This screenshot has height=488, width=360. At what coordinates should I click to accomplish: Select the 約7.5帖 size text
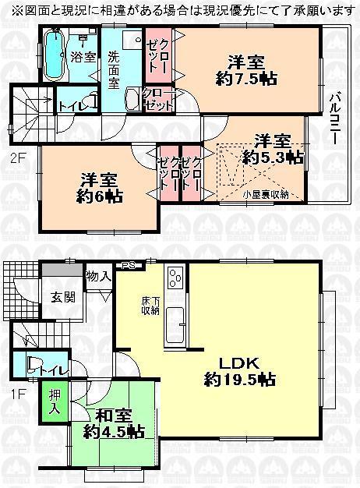click(x=248, y=78)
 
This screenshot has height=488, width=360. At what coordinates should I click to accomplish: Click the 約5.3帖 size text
click(x=272, y=157)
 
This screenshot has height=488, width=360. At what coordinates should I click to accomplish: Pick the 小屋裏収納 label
click(x=266, y=195)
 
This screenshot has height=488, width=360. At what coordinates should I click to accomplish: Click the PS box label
click(x=129, y=266)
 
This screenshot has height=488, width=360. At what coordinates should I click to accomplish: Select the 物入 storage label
click(x=98, y=276)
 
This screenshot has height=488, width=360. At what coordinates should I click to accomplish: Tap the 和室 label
click(x=115, y=416)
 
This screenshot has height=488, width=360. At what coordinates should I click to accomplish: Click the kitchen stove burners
click(x=173, y=275)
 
